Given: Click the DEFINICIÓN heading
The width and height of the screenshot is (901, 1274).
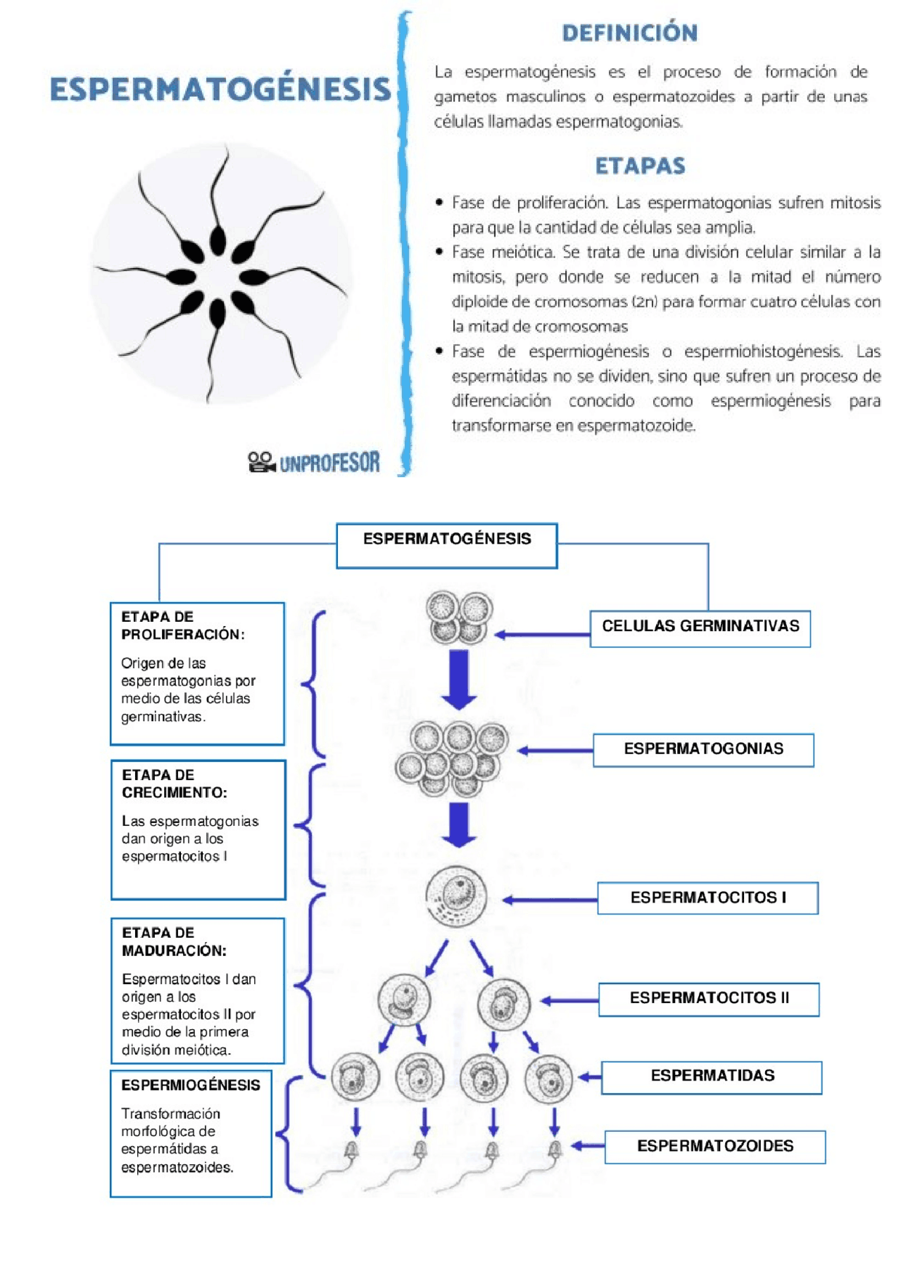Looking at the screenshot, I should tap(629, 33).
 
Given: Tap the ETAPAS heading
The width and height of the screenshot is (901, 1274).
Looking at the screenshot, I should tap(640, 166).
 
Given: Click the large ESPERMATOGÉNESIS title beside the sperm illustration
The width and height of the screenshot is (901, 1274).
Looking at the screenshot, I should tap(220, 89).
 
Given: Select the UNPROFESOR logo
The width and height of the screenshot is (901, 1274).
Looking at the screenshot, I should tap(314, 462).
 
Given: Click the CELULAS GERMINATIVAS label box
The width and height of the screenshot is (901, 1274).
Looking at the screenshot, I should tap(700, 628).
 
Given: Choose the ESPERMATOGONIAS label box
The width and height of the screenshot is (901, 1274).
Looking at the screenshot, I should tap(703, 750).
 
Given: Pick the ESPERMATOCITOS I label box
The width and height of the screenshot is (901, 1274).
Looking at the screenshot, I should tap(707, 898).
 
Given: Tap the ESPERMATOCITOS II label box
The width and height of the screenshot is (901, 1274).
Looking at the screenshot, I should tap(709, 999).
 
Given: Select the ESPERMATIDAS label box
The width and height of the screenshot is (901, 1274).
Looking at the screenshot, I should tap(712, 1077).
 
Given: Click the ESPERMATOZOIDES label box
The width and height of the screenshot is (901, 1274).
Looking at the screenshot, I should tap(714, 1147).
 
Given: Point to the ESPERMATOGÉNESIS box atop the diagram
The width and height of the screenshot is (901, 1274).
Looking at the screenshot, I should tap(447, 544).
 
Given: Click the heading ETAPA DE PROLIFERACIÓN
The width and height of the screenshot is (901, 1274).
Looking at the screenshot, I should tap(182, 625).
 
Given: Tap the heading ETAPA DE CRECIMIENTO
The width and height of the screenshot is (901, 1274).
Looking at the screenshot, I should tap(174, 784).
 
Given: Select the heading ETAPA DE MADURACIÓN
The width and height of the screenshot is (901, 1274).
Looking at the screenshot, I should tap(174, 941).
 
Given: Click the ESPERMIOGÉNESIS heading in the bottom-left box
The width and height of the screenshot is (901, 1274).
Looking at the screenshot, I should tap(190, 1085).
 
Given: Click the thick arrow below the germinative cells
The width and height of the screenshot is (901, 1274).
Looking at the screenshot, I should tap(459, 679).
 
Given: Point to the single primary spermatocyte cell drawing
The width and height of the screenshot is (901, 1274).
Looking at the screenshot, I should tap(456, 897).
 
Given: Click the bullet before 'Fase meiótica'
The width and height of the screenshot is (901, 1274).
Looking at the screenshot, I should tap(439, 252).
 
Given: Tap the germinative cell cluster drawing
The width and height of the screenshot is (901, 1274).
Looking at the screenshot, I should tap(459, 618).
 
